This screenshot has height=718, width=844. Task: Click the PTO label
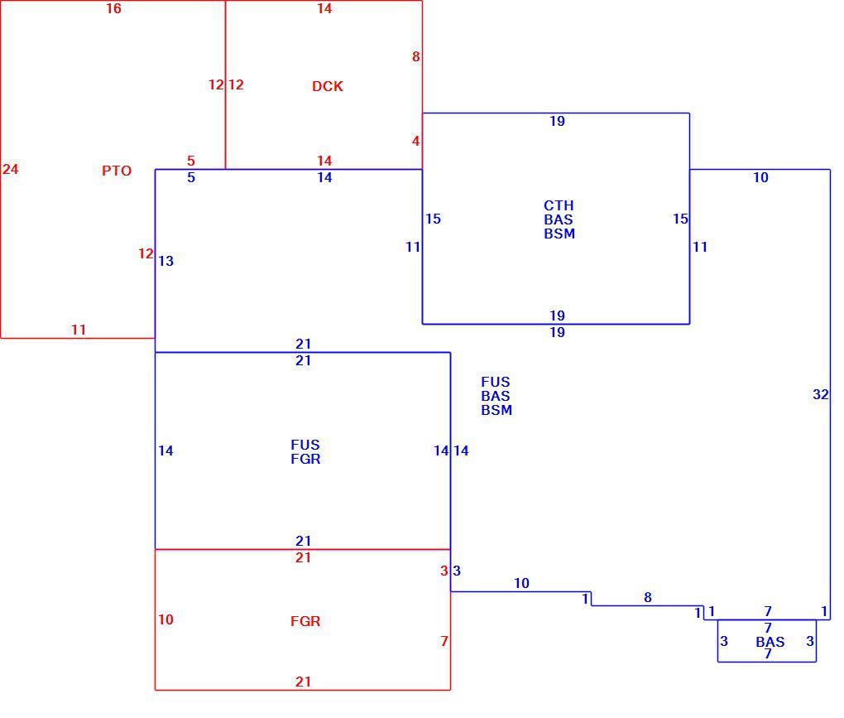click(117, 171)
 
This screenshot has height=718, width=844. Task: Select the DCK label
click(328, 86)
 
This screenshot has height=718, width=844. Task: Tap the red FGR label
click(305, 621)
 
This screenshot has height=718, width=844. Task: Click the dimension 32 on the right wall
click(820, 394)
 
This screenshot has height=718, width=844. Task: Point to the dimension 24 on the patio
click(10, 169)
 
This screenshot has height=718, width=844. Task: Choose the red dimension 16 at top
click(113, 8)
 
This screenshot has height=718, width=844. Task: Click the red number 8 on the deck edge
click(415, 56)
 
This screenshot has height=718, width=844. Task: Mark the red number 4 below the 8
click(415, 141)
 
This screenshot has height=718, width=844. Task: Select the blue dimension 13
click(165, 261)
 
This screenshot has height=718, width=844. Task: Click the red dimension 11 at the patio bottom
click(79, 330)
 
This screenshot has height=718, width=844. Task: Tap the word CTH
click(559, 205)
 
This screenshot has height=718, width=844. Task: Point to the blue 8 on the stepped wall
click(648, 597)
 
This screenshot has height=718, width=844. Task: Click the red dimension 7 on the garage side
click(444, 641)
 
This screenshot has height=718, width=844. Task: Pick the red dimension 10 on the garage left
click(165, 619)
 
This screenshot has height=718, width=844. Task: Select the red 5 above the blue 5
click(191, 161)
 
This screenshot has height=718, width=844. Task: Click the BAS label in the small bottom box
click(770, 642)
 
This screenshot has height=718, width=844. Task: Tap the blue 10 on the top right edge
click(760, 177)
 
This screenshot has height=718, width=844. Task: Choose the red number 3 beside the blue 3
click(444, 571)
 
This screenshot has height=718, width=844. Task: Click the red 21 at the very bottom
click(303, 682)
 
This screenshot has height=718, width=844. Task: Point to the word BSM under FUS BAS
click(496, 410)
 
